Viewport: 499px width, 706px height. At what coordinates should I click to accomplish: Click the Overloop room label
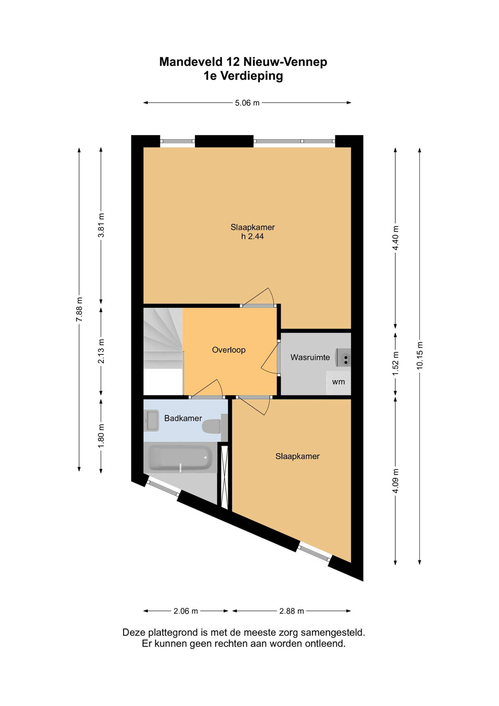[x=229, y=350]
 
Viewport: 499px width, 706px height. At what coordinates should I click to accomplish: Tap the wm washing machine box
[x=339, y=383]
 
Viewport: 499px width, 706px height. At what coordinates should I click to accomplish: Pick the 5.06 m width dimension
[x=247, y=103]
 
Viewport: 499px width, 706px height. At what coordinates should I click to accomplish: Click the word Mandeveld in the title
[x=191, y=62]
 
